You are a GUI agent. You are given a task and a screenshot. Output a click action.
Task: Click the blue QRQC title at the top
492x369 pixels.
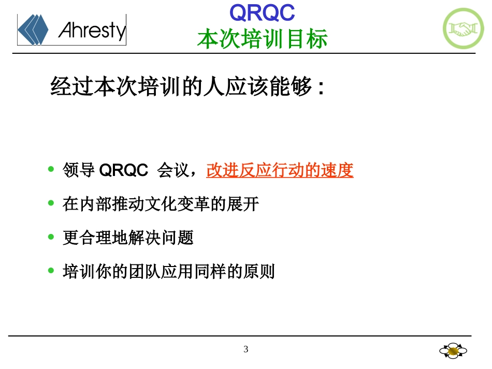point(262,13)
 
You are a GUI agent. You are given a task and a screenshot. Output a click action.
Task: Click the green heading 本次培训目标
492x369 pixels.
point(262,39)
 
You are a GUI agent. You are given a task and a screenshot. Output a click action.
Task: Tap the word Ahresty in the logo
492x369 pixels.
point(92,31)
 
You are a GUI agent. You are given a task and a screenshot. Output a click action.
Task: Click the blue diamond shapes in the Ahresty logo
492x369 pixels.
point(33,29)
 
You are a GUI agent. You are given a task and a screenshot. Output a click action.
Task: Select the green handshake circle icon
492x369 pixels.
point(463,29)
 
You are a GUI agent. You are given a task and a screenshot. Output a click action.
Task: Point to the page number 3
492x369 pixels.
point(246,349)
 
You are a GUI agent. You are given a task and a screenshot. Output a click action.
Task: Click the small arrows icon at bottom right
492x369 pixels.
point(453,351)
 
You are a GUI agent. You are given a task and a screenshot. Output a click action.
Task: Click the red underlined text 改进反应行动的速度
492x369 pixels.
point(280,170)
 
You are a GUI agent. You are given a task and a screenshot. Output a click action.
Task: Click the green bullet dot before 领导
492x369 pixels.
point(51,169)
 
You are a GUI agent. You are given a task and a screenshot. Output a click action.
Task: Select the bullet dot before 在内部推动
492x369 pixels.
point(51,203)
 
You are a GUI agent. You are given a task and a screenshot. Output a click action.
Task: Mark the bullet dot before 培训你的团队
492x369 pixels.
point(51,270)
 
